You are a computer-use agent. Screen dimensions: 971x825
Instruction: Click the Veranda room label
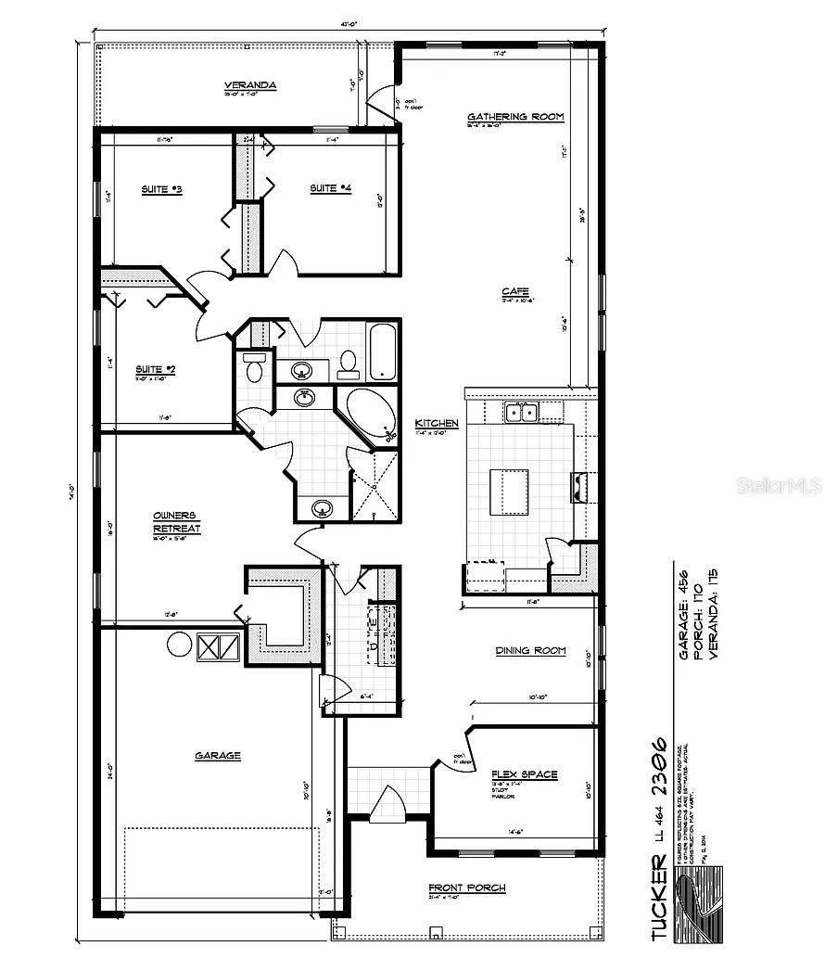pos(250,85)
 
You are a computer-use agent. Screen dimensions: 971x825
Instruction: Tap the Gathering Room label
pos(515,117)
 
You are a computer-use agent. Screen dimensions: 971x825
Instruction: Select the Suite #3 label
pos(161,189)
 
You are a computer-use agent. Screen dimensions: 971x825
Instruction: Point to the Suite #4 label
pos(330,188)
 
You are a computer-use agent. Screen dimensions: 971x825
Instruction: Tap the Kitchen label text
pos(437,423)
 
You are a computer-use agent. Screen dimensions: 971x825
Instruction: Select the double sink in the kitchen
pos(521,412)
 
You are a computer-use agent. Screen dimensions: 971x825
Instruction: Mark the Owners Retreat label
pos(177,522)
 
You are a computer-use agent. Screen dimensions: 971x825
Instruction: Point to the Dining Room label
pos(530,651)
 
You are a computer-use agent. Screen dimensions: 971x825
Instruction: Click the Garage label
pos(218,756)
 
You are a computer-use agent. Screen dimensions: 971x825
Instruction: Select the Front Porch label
pos(466,888)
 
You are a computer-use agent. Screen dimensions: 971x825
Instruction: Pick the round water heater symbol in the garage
pos(179,645)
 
